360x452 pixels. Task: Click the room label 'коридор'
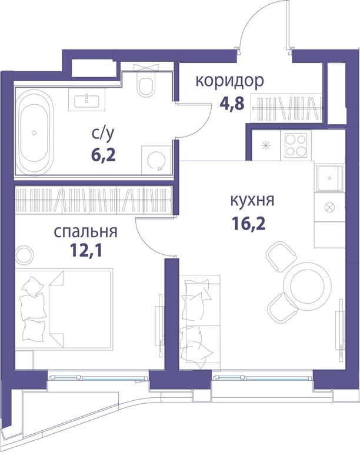click(x=229, y=81)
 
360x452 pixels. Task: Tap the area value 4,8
click(x=232, y=103)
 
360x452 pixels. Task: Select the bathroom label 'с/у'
click(x=103, y=134)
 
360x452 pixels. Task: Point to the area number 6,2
click(x=104, y=155)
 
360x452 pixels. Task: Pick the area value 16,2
click(x=249, y=223)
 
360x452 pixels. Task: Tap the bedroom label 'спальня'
click(x=85, y=232)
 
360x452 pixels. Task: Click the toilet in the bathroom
click(x=146, y=83)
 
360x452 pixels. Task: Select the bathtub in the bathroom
click(x=34, y=132)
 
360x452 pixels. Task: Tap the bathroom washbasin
click(x=86, y=99)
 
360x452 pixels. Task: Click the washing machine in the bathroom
click(x=156, y=159)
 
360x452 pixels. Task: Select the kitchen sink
click(x=330, y=178)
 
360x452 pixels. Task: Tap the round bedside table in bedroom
click(x=25, y=255)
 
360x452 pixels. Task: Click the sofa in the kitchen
click(x=199, y=322)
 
